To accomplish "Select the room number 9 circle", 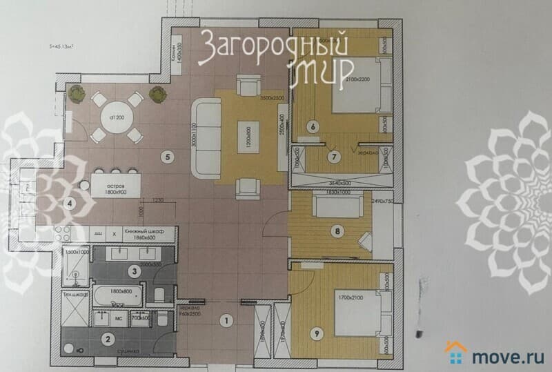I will [x=315, y=335].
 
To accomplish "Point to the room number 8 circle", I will [x=337, y=231].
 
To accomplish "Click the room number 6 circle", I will [x=313, y=127].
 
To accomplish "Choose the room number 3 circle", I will [x=136, y=272].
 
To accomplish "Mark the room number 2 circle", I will [x=107, y=338].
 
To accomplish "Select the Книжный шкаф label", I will [x=141, y=233].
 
